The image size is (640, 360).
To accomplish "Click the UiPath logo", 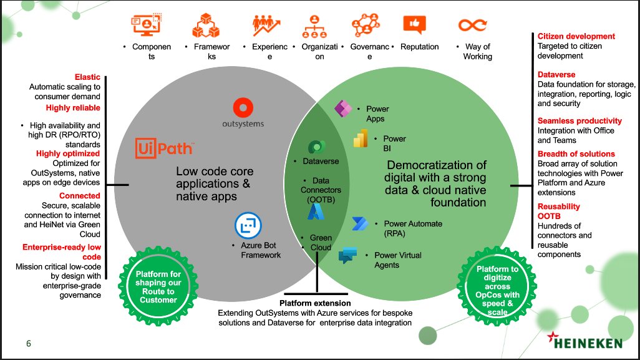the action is coord(165,148).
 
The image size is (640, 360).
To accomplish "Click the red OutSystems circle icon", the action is coord(243,108).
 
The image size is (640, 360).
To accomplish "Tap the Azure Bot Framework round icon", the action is coord(248,225).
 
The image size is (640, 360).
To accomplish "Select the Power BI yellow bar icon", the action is coord(361,138).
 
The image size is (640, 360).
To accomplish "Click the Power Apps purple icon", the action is coord(343,109).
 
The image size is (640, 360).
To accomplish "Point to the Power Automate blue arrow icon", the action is coord(360,223).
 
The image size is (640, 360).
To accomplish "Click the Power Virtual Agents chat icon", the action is coord(347,256).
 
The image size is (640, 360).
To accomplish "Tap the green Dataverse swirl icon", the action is coord(316,147).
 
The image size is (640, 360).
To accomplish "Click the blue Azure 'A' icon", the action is coord(316,212).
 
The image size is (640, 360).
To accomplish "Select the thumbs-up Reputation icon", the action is coord(414,24).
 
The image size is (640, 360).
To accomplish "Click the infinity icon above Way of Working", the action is coord(473,25).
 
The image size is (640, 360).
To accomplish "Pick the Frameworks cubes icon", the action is coord(206,25).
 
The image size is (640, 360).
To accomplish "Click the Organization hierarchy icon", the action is coord(314,26).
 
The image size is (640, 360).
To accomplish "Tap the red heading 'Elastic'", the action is coord(87,77).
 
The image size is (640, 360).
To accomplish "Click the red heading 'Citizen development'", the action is coord(576,36).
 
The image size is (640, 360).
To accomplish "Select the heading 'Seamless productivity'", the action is coord(579,121).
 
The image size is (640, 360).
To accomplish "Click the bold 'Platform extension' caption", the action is coord(315,303).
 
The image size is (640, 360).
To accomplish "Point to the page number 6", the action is coord(29,343).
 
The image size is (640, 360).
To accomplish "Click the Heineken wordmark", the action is coord(585,341).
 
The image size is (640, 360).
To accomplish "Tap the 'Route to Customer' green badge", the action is coord(158,286).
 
